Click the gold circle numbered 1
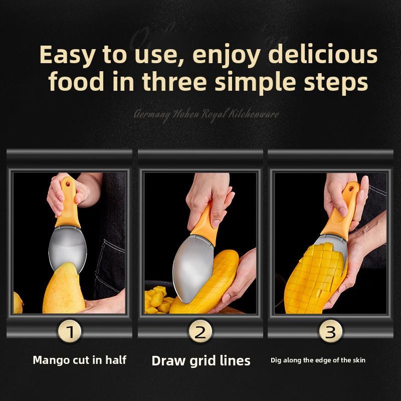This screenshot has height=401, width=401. coord(70,331)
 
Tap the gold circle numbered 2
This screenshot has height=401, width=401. coord(200,331)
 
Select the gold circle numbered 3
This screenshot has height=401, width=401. coord(330,331)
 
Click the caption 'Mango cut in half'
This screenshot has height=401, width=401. coord(79,360)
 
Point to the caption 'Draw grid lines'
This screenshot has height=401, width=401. coord(200,360)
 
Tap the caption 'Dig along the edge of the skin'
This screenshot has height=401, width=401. coord(318,360)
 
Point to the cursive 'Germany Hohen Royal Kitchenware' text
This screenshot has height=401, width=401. coord(207,114)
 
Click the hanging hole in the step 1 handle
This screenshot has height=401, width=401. coord(66,184)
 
